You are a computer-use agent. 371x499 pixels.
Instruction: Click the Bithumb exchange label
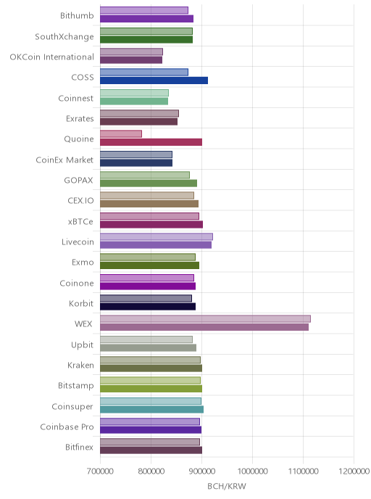point(77,15)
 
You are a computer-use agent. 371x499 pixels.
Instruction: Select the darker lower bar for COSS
point(154,81)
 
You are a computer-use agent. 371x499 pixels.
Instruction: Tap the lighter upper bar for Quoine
point(121,134)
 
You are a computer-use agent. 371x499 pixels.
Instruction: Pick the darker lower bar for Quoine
point(151,142)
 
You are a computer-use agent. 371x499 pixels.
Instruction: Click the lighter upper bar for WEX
point(205,318)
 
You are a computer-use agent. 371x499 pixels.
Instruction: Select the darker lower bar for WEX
point(204,327)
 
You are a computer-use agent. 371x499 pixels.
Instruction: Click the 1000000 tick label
point(252,471)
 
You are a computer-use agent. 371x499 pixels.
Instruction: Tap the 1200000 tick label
point(354,471)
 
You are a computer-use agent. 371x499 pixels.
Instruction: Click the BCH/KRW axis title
point(227,486)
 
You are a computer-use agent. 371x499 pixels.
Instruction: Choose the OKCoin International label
point(52,57)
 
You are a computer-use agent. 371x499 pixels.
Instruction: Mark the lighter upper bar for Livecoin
point(157,236)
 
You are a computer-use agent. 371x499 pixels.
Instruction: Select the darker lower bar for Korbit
point(148,307)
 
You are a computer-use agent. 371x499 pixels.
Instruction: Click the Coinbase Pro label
point(67,426)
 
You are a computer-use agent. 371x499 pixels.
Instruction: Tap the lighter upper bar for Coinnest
point(134,93)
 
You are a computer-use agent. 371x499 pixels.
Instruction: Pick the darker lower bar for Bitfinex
point(151,450)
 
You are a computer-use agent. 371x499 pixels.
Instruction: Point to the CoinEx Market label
point(64,160)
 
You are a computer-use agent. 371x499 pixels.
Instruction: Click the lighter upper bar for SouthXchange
point(146,31)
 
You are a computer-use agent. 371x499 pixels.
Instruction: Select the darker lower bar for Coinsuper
point(151,409)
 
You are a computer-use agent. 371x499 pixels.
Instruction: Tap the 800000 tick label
point(151,471)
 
